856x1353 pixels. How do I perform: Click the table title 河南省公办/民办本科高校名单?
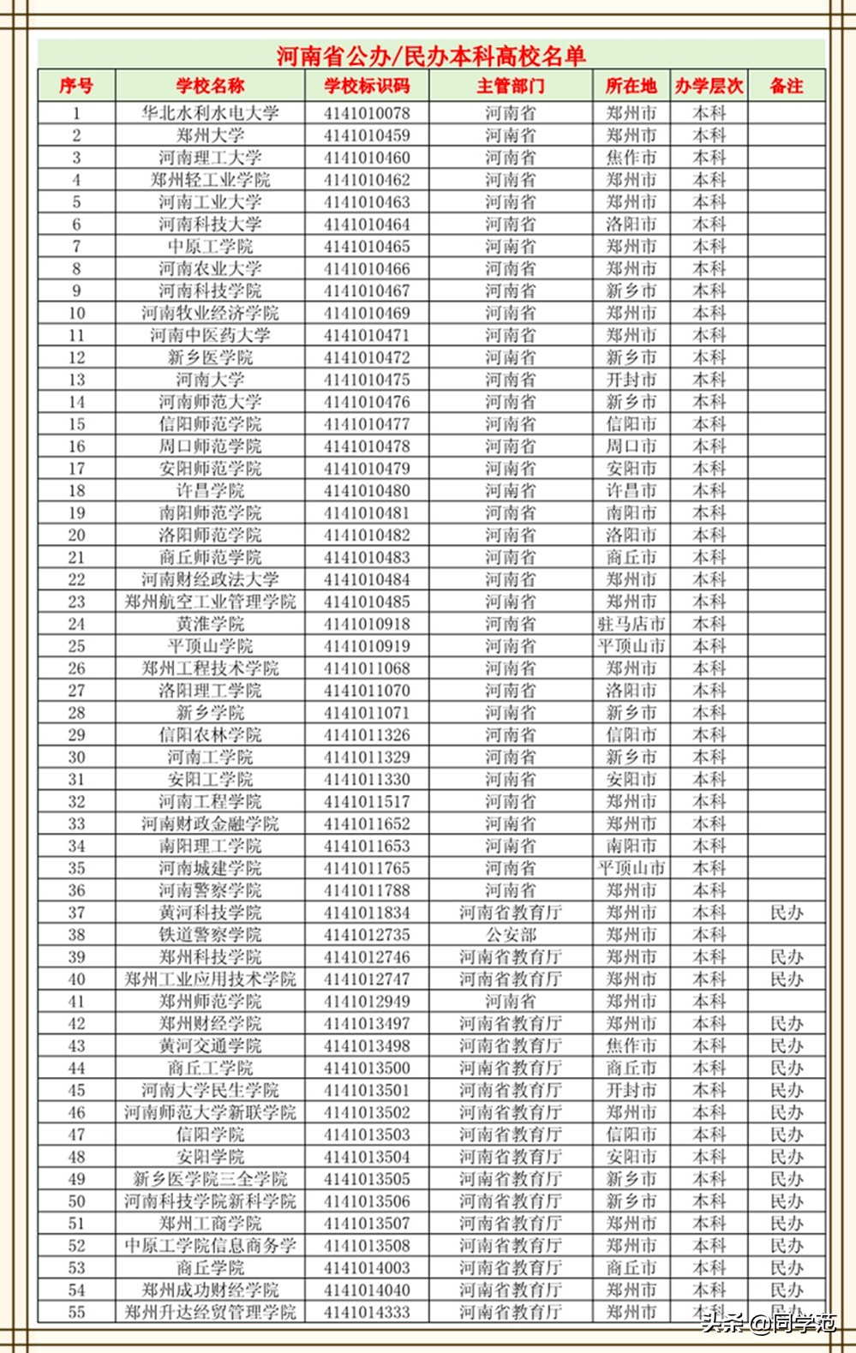tap(431, 57)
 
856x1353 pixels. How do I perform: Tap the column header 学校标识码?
tap(367, 86)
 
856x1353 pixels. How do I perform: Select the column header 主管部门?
tap(511, 86)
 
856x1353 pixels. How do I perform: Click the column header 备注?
tap(787, 86)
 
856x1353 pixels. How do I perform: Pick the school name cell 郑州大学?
tap(210, 135)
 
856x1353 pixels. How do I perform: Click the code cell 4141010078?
tap(367, 113)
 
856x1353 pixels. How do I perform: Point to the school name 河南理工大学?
tap(210, 158)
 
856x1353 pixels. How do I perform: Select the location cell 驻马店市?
tap(632, 624)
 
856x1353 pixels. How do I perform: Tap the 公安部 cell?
tap(511, 935)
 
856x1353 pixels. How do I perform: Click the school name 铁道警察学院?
tap(210, 935)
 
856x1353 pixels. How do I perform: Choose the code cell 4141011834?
tap(367, 913)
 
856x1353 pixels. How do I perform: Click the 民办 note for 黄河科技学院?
tap(787, 913)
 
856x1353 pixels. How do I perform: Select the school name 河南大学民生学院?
tap(210, 1090)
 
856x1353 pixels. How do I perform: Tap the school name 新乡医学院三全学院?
tap(210, 1179)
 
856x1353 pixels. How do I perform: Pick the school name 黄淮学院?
tap(210, 624)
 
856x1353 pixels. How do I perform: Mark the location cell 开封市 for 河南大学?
tap(632, 380)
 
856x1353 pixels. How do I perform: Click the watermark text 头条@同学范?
tap(769, 1322)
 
